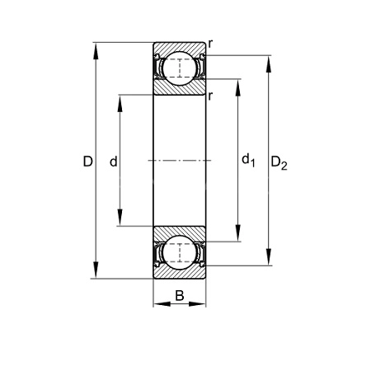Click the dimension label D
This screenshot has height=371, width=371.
click(x=88, y=162)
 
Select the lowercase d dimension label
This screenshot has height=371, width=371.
click(x=114, y=162)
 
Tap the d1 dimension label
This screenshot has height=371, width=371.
click(x=248, y=160)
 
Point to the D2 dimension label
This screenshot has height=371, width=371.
click(x=279, y=162)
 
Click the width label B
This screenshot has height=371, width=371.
click(x=180, y=296)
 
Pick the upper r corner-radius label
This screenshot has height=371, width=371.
click(x=210, y=44)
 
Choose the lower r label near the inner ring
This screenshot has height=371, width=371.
click(x=210, y=96)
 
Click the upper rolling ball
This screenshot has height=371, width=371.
click(x=180, y=68)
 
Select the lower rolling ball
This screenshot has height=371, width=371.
click(x=180, y=252)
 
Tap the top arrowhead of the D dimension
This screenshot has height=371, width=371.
click(x=96, y=51)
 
